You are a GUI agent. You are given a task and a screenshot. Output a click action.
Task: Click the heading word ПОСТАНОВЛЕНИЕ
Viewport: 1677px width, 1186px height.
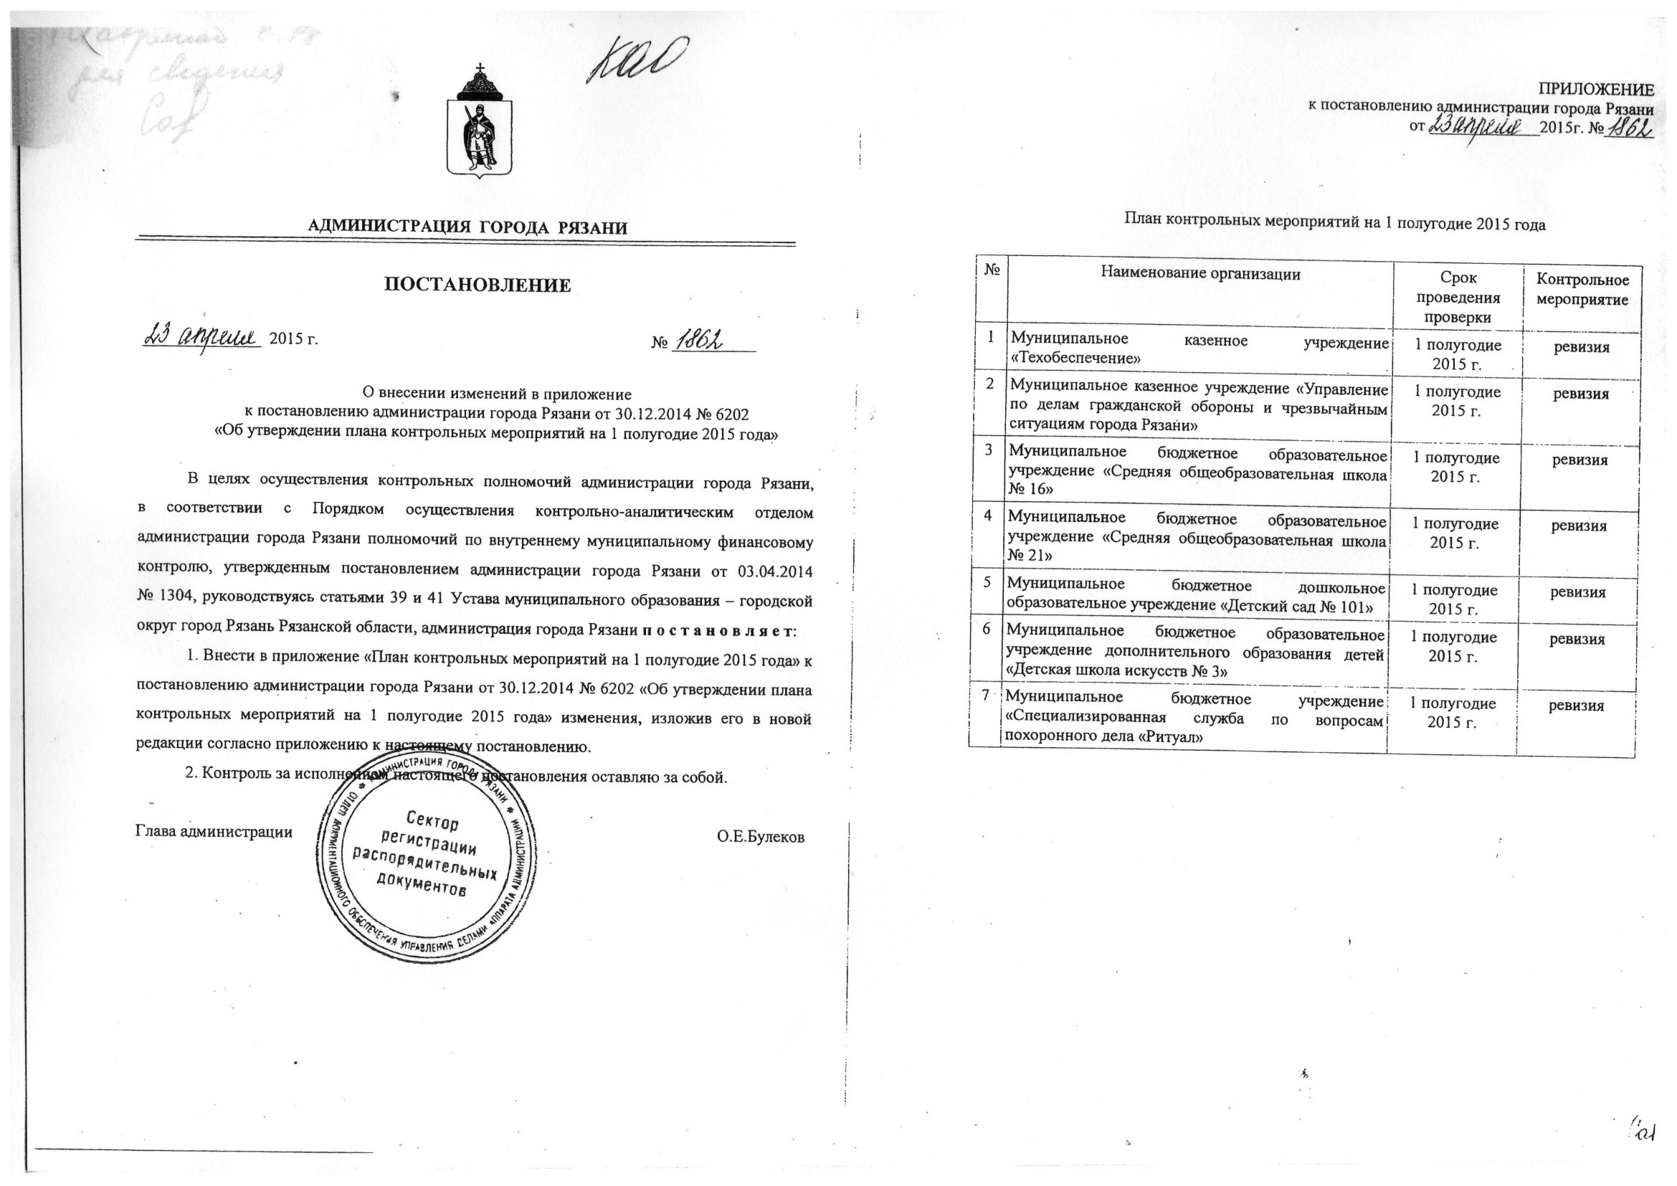point(478,285)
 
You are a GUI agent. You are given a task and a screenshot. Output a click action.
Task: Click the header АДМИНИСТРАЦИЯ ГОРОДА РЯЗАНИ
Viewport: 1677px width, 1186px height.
point(467,228)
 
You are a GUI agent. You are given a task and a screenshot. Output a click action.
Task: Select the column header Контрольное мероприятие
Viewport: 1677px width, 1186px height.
point(1582,290)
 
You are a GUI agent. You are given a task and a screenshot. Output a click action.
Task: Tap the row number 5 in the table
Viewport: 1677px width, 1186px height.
point(987,583)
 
